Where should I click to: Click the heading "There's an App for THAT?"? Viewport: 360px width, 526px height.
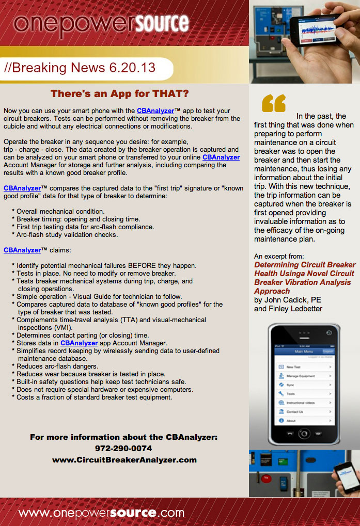pyautogui.click(x=119, y=94)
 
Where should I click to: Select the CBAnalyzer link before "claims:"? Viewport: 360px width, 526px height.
pyautogui.click(x=22, y=250)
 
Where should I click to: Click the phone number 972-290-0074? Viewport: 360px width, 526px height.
pyautogui.click(x=123, y=448)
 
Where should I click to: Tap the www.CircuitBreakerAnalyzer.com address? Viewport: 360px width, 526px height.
pyautogui.click(x=124, y=459)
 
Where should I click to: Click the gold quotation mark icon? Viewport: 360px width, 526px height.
pyautogui.click(x=274, y=103)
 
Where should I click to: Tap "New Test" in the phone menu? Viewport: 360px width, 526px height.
pyautogui.click(x=295, y=366)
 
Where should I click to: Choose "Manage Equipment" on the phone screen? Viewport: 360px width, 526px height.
pyautogui.click(x=301, y=376)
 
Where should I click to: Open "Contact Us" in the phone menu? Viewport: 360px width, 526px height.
pyautogui.click(x=295, y=411)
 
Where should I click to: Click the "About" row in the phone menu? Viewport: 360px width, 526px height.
pyautogui.click(x=291, y=421)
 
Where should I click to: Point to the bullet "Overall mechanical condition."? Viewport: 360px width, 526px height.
pyautogui.click(x=60, y=212)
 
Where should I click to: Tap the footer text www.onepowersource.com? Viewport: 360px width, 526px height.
pyautogui.click(x=101, y=513)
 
